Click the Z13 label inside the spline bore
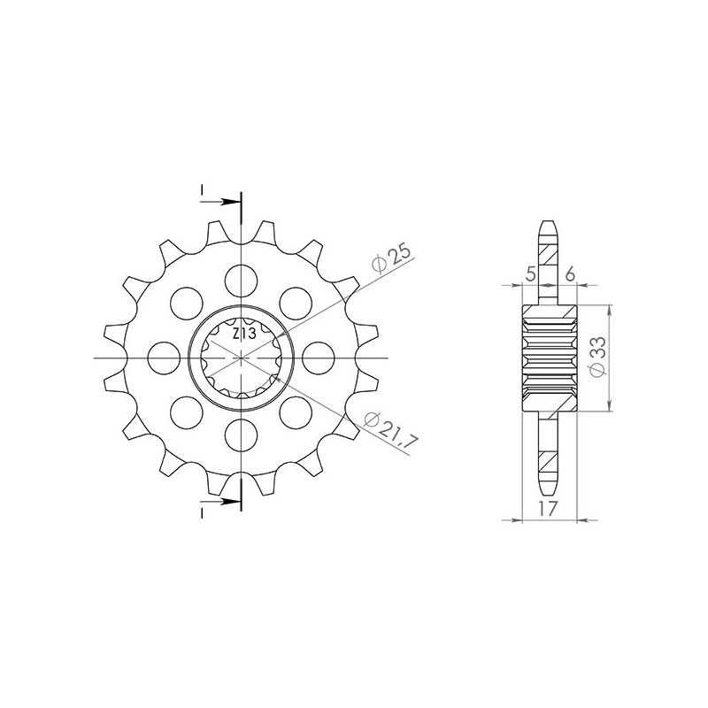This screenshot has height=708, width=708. pos(243,335)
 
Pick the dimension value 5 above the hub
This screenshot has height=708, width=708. pos(530,275)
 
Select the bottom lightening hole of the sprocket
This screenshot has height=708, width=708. pos(240,435)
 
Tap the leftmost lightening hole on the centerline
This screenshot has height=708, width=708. pos(163,358)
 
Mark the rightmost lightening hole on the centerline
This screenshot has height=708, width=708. pos(317,358)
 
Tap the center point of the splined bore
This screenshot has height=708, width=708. pos(240,358)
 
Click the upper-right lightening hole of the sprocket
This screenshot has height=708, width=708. pos(295,303)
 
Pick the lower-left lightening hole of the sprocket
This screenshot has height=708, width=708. pos(185,412)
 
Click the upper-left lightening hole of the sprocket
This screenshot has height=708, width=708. pos(185,303)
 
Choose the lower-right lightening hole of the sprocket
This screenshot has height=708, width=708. pos(295,412)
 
